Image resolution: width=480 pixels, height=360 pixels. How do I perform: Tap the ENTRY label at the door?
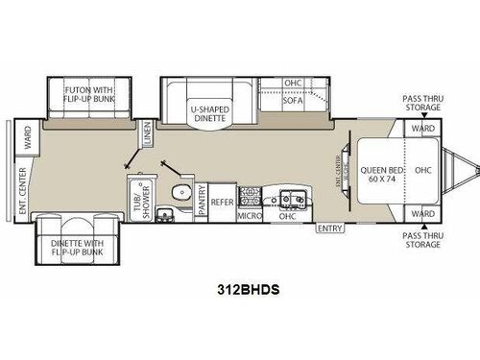point(329,228)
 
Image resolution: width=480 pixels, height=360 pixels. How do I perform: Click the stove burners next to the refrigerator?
point(250,196)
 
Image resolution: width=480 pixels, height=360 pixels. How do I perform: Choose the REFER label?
point(222,202)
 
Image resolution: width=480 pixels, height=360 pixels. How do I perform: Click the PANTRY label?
point(200,202)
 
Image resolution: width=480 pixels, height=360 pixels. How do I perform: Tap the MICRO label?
point(250,217)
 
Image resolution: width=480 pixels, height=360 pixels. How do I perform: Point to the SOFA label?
point(293,100)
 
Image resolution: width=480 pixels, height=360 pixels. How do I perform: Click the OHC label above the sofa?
point(294,84)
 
